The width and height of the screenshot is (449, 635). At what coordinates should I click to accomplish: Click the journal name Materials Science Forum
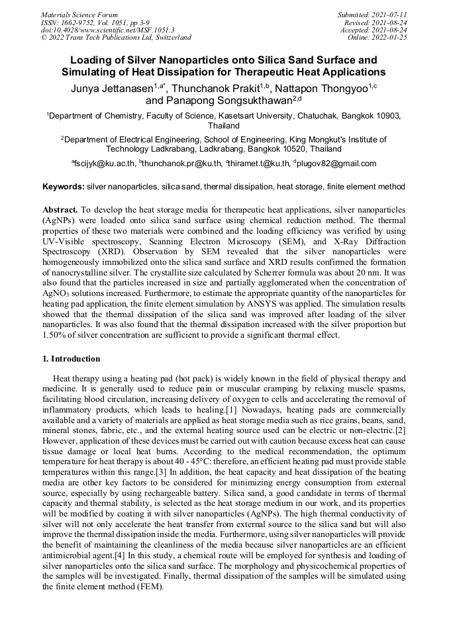pos(79,15)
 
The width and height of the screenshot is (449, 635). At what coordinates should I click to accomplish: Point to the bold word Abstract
pos(62,209)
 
